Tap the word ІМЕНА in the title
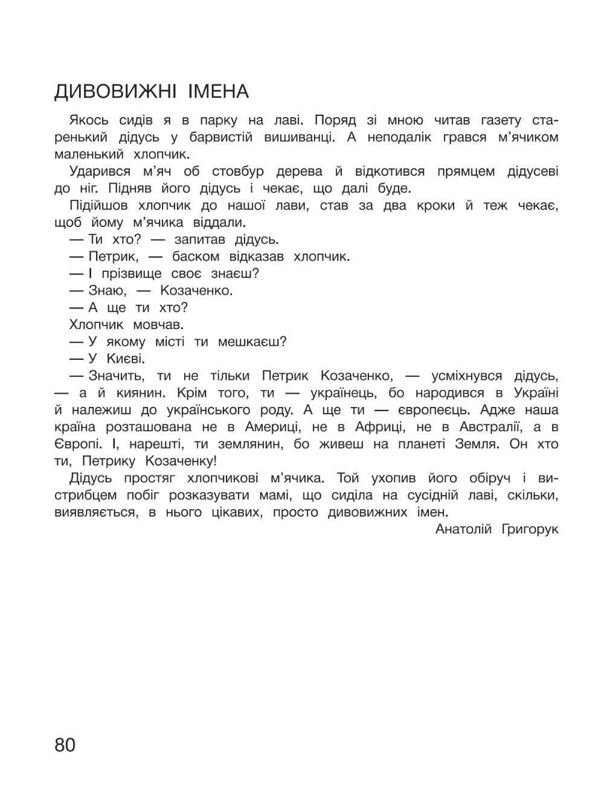coord(218,92)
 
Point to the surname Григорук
coord(530,530)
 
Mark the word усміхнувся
coord(467,376)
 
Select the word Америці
coord(277,427)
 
